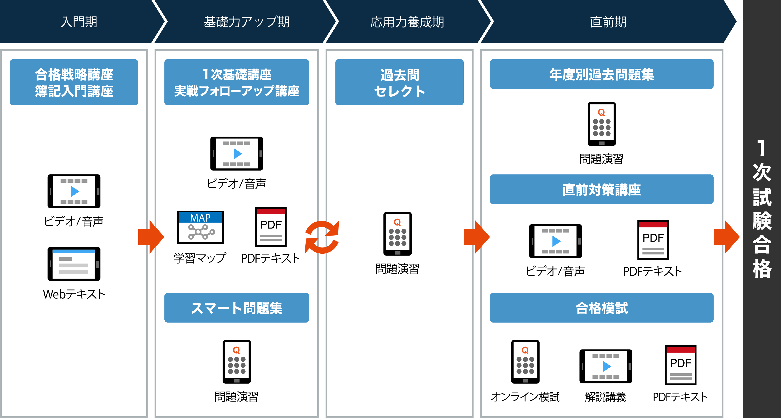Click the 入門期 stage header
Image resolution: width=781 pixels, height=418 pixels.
click(79, 22)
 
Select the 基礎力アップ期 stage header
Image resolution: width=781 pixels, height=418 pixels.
click(246, 22)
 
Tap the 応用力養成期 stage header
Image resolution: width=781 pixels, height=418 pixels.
click(407, 22)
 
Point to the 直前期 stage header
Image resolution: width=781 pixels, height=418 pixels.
click(608, 22)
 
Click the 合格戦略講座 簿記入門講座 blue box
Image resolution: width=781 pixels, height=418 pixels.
click(74, 82)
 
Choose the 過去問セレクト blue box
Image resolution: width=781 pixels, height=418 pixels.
click(399, 82)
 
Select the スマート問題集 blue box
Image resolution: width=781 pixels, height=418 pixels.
click(237, 308)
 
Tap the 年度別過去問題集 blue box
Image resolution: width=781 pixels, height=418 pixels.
click(602, 74)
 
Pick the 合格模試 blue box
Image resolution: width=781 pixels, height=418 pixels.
click(602, 308)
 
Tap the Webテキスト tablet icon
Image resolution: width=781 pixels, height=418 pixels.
click(74, 264)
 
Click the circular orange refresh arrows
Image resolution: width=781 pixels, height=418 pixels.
click(322, 237)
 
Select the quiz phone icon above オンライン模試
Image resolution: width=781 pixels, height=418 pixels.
click(525, 362)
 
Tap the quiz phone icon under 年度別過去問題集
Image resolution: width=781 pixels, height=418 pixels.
click(602, 124)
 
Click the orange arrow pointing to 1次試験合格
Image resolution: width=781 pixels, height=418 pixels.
click(726, 237)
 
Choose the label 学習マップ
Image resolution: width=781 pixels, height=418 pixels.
click(200, 258)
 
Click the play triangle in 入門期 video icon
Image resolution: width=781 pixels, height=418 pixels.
click(75, 191)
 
